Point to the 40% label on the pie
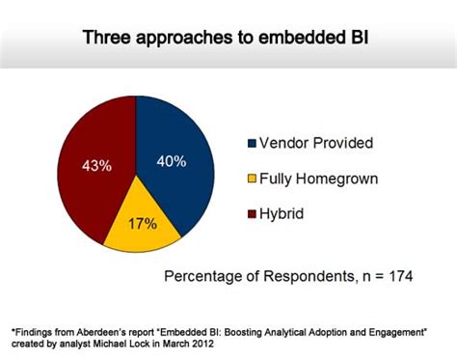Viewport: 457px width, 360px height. (x=171, y=161)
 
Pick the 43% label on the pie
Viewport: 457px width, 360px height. (x=95, y=165)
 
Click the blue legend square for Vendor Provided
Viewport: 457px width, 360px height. (x=253, y=144)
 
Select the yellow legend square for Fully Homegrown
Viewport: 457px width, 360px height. (x=253, y=178)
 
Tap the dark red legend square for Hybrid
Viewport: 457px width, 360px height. (x=253, y=211)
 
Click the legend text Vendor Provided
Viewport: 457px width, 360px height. (x=316, y=144)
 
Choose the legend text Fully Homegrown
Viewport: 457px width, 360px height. (x=323, y=178)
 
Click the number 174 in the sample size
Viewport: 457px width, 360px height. (x=397, y=277)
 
